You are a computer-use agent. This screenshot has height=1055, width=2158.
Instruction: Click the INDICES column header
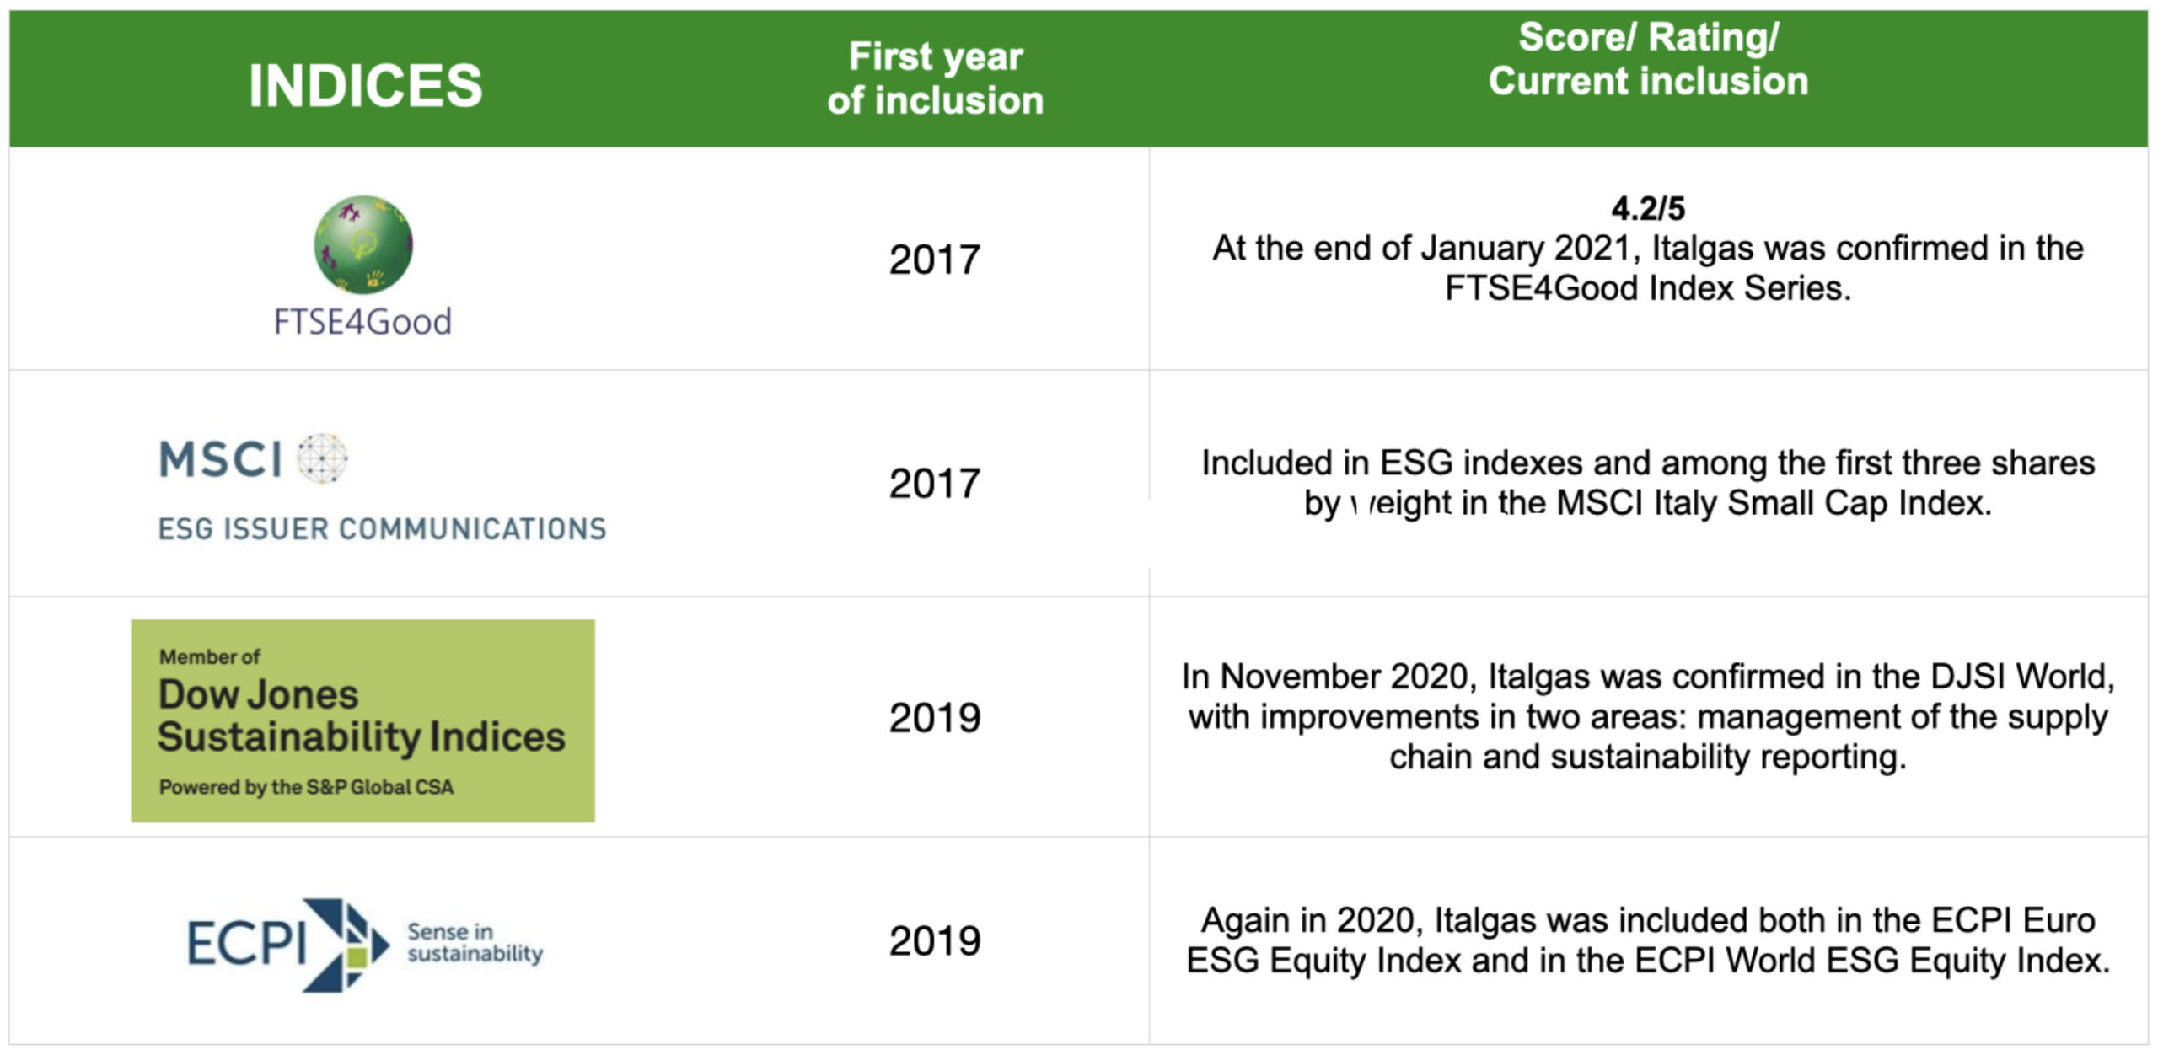coord(365,85)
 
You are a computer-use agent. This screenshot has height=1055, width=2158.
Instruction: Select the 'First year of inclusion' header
coord(935,78)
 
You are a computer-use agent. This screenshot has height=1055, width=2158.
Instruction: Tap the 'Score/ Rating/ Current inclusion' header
coord(1648,59)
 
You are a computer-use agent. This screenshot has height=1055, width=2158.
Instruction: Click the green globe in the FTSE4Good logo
coord(363,245)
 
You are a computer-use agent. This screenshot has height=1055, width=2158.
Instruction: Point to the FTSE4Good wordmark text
coord(362,322)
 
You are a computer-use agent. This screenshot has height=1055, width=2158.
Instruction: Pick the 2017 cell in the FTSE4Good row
coord(935,260)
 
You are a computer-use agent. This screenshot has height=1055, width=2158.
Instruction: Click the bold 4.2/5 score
coord(1648,208)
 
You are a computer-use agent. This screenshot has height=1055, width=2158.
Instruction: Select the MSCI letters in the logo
coord(221,460)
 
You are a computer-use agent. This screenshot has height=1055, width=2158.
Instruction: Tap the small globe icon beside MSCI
coord(323,459)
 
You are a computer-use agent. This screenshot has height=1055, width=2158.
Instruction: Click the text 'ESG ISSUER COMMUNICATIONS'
coord(383,528)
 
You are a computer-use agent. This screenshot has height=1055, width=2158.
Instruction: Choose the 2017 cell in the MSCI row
coord(935,484)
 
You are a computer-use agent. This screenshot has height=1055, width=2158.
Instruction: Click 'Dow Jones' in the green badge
coord(259,694)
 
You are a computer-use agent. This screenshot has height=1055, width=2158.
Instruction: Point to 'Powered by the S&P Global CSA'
coord(306,787)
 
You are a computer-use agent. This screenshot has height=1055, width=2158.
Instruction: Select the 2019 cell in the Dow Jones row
coord(935,718)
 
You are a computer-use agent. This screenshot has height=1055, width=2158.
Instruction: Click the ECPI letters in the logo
coord(246,943)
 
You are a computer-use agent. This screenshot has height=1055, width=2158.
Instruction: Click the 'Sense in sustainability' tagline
coord(475,943)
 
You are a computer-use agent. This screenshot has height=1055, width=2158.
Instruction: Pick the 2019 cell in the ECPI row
coord(935,941)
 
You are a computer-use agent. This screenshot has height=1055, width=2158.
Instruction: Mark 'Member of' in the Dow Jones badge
coord(210,656)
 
